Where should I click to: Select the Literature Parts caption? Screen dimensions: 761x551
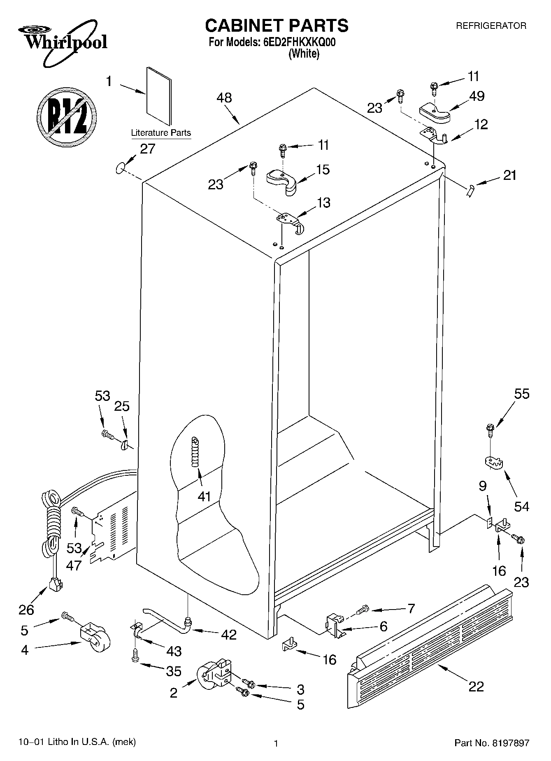[x=160, y=133]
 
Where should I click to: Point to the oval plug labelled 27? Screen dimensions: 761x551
[x=120, y=168]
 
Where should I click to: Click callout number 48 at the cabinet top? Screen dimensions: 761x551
[x=224, y=98]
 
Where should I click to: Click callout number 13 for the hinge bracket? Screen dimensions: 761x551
[x=323, y=203]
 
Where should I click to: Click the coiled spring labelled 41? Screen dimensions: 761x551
[x=195, y=451]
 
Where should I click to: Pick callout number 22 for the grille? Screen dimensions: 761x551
[x=476, y=686]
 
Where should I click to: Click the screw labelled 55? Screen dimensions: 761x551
[x=490, y=430]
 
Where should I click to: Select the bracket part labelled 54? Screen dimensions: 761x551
[x=493, y=462]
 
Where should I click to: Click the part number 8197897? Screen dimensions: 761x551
[x=509, y=743]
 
